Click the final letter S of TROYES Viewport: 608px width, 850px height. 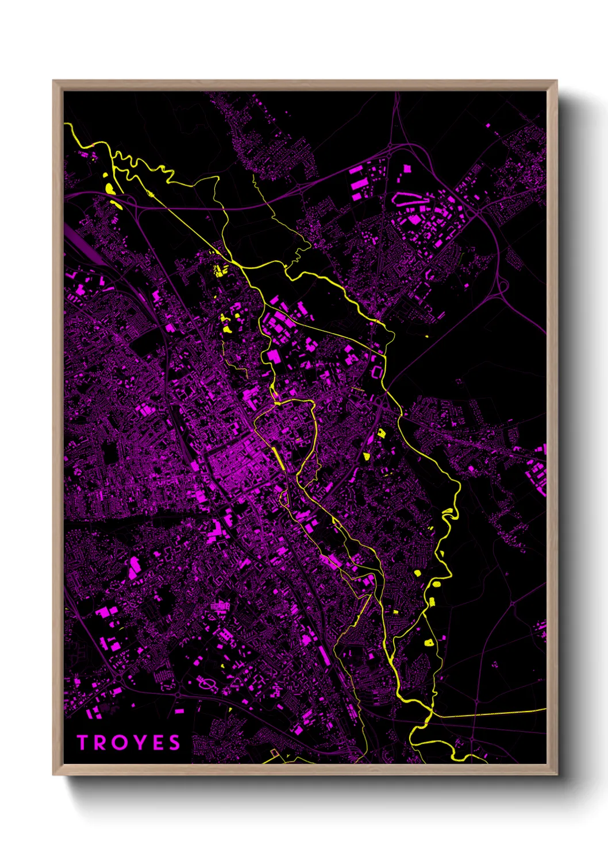[174, 743]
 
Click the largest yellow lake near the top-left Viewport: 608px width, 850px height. [109, 188]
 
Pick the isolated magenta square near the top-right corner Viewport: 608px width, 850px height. [488, 125]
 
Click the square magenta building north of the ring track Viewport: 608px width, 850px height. [407, 169]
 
